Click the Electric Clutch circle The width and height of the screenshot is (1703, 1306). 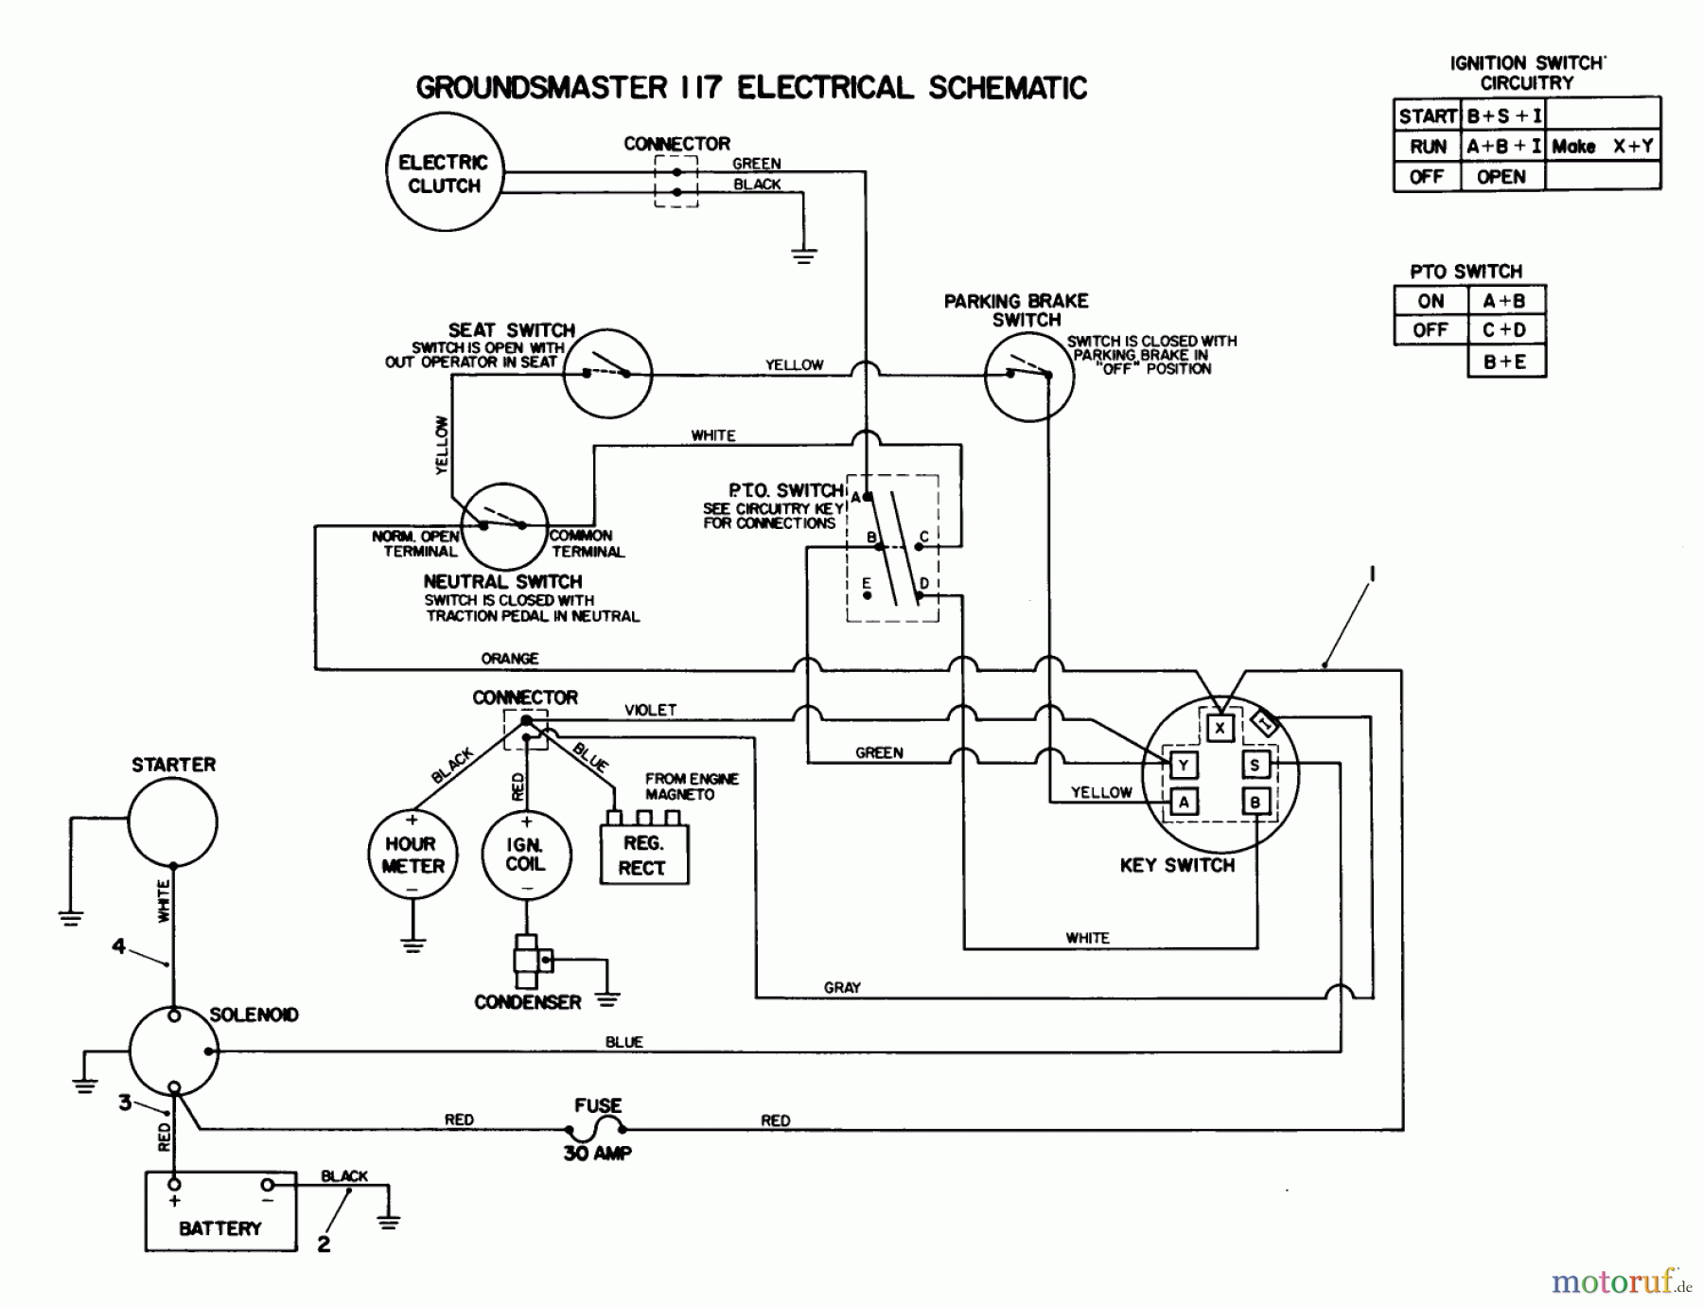445,172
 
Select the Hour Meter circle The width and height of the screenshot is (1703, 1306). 413,855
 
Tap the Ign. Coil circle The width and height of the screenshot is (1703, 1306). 526,855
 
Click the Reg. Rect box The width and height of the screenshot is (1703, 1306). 643,855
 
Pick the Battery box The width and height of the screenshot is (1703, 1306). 220,1211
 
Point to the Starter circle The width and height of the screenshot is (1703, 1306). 173,821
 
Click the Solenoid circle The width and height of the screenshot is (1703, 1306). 173,1050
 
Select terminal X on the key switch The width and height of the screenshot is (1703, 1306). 1220,727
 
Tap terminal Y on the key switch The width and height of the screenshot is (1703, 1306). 1184,765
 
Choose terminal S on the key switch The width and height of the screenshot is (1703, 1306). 1255,765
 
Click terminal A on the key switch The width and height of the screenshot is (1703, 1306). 1184,802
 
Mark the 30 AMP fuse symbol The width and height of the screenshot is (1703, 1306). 596,1126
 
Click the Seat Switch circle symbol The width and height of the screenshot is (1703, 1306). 607,373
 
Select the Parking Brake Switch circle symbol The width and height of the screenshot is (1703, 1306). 1028,375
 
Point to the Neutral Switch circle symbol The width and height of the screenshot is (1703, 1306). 504,525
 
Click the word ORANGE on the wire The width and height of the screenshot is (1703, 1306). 510,658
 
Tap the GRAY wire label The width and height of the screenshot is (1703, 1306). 842,987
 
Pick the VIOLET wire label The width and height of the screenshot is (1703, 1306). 650,710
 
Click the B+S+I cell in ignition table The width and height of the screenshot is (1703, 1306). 1502,116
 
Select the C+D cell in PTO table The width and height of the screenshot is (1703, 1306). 1504,330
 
